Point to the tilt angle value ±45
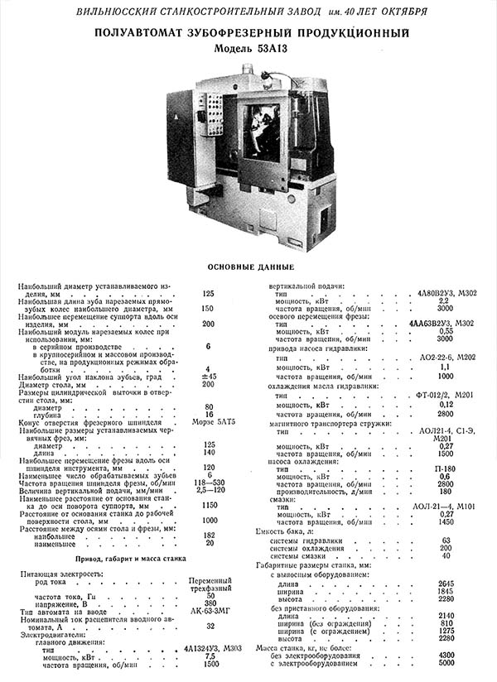pyautogui.click(x=209, y=377)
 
